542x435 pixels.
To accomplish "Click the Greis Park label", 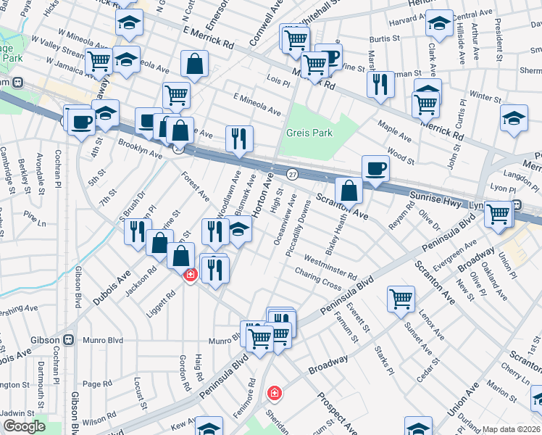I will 308,133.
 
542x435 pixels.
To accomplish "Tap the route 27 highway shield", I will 292,175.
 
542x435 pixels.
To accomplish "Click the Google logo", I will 24,426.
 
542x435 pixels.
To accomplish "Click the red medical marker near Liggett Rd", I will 190,275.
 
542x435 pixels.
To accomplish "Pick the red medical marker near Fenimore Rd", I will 275,393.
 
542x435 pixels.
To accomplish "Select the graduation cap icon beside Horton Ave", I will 240,230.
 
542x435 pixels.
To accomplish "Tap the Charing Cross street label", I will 318,278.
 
